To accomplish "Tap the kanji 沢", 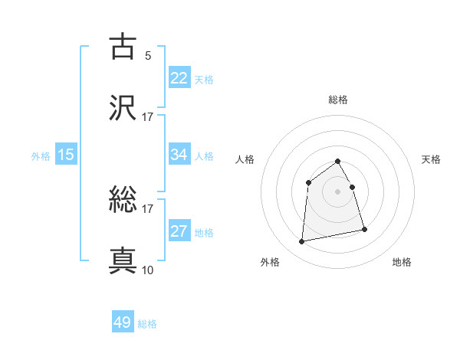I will coord(123,106).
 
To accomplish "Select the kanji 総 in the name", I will coord(123,201).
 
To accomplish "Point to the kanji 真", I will coord(123,260).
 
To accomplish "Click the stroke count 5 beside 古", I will coord(147,55).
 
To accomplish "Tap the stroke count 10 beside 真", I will coord(147,270).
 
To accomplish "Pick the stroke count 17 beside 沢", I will coord(147,116).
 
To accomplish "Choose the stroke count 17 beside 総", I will coord(147,208).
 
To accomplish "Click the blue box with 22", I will coord(179,77).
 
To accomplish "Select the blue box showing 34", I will coord(179,155).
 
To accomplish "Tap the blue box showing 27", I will coord(179,231).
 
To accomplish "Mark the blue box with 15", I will coord(66,155).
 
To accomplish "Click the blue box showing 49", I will coord(123,322).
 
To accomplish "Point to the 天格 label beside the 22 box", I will coord(204,80).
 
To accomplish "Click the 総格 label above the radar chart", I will coord(338,100).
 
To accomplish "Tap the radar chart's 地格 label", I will coord(402,263).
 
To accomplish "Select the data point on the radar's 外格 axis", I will coord(302,242).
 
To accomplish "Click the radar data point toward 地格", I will coord(364,229).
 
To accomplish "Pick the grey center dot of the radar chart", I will coord(338,191).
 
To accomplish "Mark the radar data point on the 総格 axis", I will coord(338,161).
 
